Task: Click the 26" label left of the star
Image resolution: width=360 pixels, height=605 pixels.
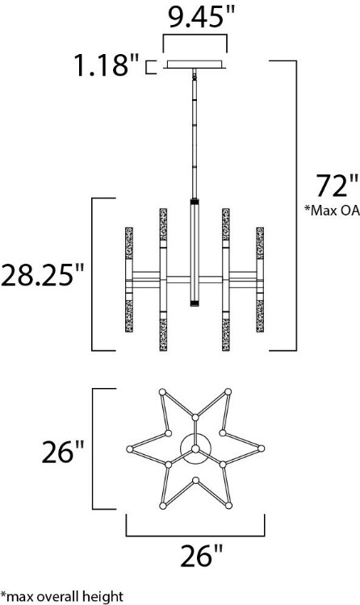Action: pos(63,451)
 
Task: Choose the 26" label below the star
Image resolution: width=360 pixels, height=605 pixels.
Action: pos(196,556)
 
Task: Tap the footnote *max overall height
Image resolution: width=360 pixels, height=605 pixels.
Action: pos(61,596)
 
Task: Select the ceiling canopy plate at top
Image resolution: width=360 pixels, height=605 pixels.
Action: pos(196,65)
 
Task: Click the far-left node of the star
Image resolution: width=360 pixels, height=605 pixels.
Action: pos(129,449)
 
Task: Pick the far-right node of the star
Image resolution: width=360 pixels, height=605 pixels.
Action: pos(262,449)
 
